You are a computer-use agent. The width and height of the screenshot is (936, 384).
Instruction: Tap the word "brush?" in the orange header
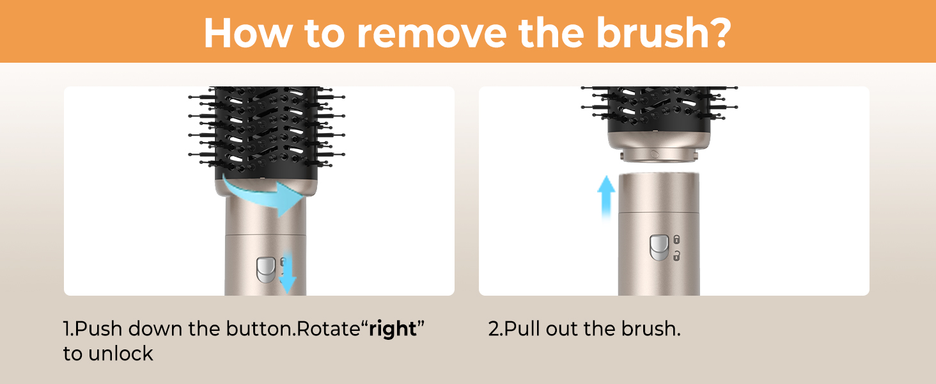coord(664,32)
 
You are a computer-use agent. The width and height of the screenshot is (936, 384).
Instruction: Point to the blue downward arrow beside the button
coord(288,272)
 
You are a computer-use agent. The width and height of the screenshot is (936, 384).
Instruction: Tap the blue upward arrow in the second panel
coord(606,197)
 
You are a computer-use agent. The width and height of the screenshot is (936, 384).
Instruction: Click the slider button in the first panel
coord(266,270)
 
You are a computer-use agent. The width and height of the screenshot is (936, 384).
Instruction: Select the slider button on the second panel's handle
coord(659,248)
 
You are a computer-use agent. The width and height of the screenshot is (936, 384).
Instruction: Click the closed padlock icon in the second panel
coord(676,240)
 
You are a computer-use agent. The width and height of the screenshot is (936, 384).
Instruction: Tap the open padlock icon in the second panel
coord(676,255)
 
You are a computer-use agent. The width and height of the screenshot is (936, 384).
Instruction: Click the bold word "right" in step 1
coord(393,329)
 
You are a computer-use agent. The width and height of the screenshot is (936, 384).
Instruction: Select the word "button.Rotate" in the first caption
coord(293,328)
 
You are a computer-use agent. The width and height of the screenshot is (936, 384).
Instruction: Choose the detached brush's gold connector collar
coord(659,147)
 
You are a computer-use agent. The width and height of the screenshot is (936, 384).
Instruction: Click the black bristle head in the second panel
coord(659,109)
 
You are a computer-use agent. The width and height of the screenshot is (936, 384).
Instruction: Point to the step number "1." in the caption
coord(68,329)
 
